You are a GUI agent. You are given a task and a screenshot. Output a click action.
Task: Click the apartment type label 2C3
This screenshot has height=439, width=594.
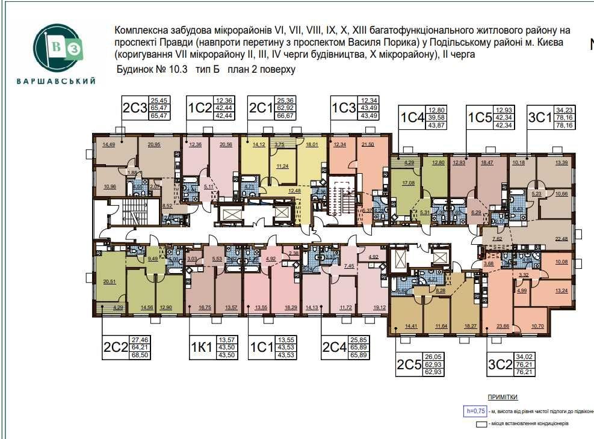tap(135, 108)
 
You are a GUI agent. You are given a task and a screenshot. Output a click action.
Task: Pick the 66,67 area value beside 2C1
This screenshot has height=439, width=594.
tap(285, 115)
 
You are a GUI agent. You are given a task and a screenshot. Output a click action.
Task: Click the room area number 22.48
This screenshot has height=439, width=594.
tap(561, 238)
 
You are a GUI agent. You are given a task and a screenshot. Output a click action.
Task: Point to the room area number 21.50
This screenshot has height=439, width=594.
tap(367, 144)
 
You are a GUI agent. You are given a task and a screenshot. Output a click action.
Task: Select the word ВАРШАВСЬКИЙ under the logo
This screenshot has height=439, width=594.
tap(56, 81)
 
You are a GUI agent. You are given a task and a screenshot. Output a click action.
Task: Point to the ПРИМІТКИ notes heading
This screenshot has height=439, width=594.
tap(502, 398)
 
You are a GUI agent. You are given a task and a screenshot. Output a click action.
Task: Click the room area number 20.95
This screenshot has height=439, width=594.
tap(154, 145)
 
